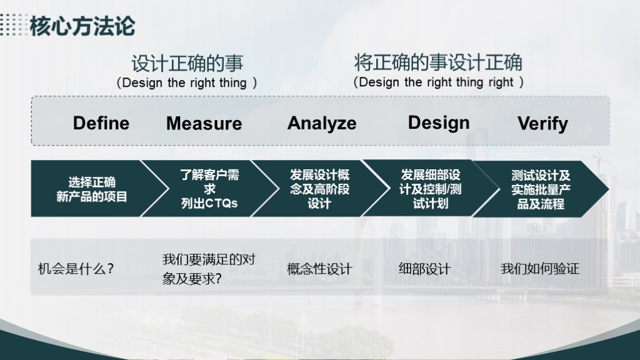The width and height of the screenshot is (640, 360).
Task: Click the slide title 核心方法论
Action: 82,26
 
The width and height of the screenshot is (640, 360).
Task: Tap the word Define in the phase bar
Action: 101,123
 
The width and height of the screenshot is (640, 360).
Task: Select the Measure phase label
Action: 204,123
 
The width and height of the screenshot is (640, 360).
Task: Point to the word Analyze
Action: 322,123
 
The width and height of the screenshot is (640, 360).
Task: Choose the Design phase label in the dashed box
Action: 439,123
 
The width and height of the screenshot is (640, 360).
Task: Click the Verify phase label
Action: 543,123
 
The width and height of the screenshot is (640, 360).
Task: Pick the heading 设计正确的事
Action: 187,64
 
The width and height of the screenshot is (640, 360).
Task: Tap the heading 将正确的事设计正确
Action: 438,62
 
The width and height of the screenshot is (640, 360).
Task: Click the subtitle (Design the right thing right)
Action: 438,82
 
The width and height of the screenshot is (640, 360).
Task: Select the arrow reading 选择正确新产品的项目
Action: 99,189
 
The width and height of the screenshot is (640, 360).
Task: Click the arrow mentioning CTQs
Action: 210,189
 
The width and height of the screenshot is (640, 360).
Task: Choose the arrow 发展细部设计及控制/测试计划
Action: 431,189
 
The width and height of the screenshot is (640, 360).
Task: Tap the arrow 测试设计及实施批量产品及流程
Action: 541,189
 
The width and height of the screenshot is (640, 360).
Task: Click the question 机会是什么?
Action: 76,269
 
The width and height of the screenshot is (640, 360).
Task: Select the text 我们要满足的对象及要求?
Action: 209,269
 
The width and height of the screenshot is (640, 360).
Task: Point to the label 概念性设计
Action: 319,269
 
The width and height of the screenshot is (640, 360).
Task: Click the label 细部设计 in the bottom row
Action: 424,269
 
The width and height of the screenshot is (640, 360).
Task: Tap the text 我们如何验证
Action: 539,269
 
